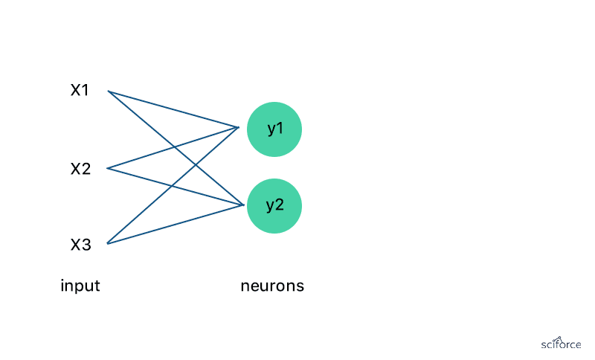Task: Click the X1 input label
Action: pos(80,91)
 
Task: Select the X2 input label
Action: pos(80,169)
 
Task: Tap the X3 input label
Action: pos(80,244)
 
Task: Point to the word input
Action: pos(80,286)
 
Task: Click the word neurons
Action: pos(272,286)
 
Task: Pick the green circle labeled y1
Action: pos(274,129)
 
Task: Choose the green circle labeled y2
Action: pos(274,205)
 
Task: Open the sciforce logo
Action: pos(561,343)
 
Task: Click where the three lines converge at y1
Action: pos(238,127)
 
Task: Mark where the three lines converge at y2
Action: pos(243,205)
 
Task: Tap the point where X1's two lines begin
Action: pos(109,91)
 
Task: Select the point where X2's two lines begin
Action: pos(109,168)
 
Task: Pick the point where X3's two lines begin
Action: pos(109,243)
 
